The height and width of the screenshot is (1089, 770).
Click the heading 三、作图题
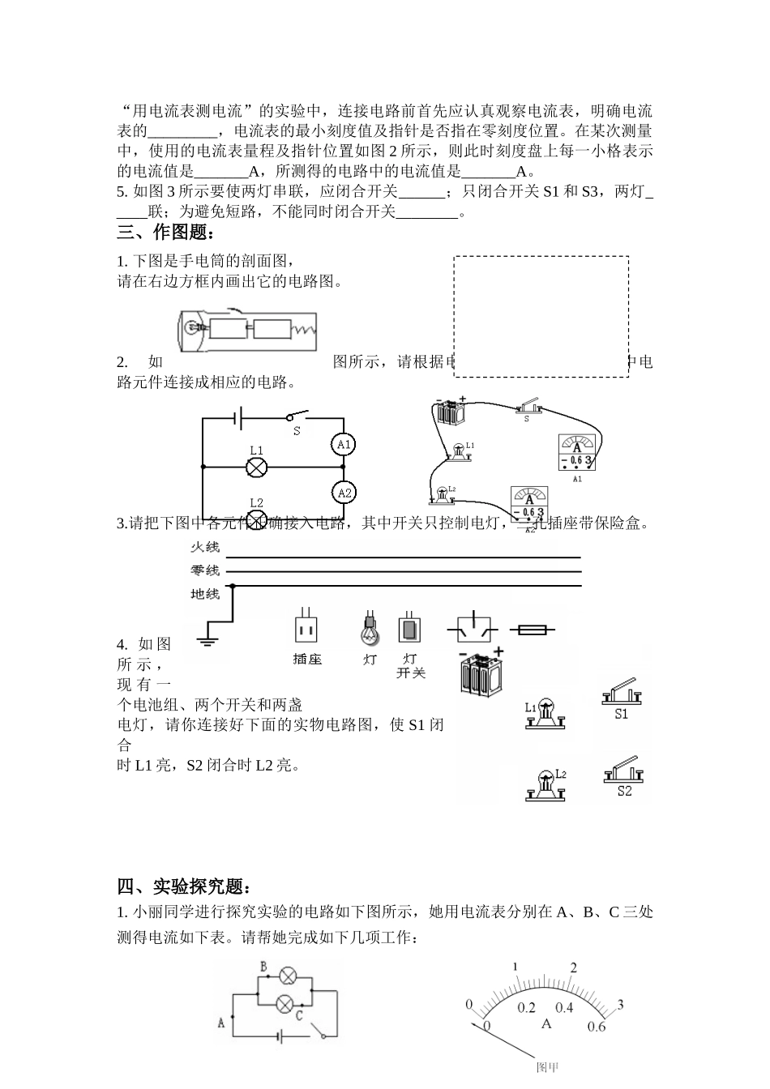tap(167, 233)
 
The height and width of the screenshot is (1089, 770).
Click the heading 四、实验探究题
tap(190, 885)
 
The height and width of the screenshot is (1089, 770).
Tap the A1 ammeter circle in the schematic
tap(344, 443)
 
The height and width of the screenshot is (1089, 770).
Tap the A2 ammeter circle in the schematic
tap(344, 493)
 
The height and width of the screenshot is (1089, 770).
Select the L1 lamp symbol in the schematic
tap(257, 467)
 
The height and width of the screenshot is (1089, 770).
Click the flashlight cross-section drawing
tap(246, 330)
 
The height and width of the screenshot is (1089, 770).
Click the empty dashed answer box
tap(541, 316)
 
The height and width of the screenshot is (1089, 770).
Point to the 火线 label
tap(204, 547)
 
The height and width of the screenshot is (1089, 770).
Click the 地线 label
tap(204, 594)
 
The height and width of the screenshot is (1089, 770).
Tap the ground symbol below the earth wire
tap(207, 641)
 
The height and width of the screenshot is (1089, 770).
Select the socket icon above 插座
tap(306, 627)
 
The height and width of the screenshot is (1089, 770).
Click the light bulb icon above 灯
tap(370, 627)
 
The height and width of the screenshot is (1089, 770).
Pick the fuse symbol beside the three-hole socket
tap(531, 630)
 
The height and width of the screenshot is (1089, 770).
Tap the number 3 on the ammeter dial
tap(620, 1006)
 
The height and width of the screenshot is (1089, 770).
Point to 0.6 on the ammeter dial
tap(596, 1027)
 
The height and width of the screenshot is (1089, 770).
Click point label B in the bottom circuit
tap(263, 966)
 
